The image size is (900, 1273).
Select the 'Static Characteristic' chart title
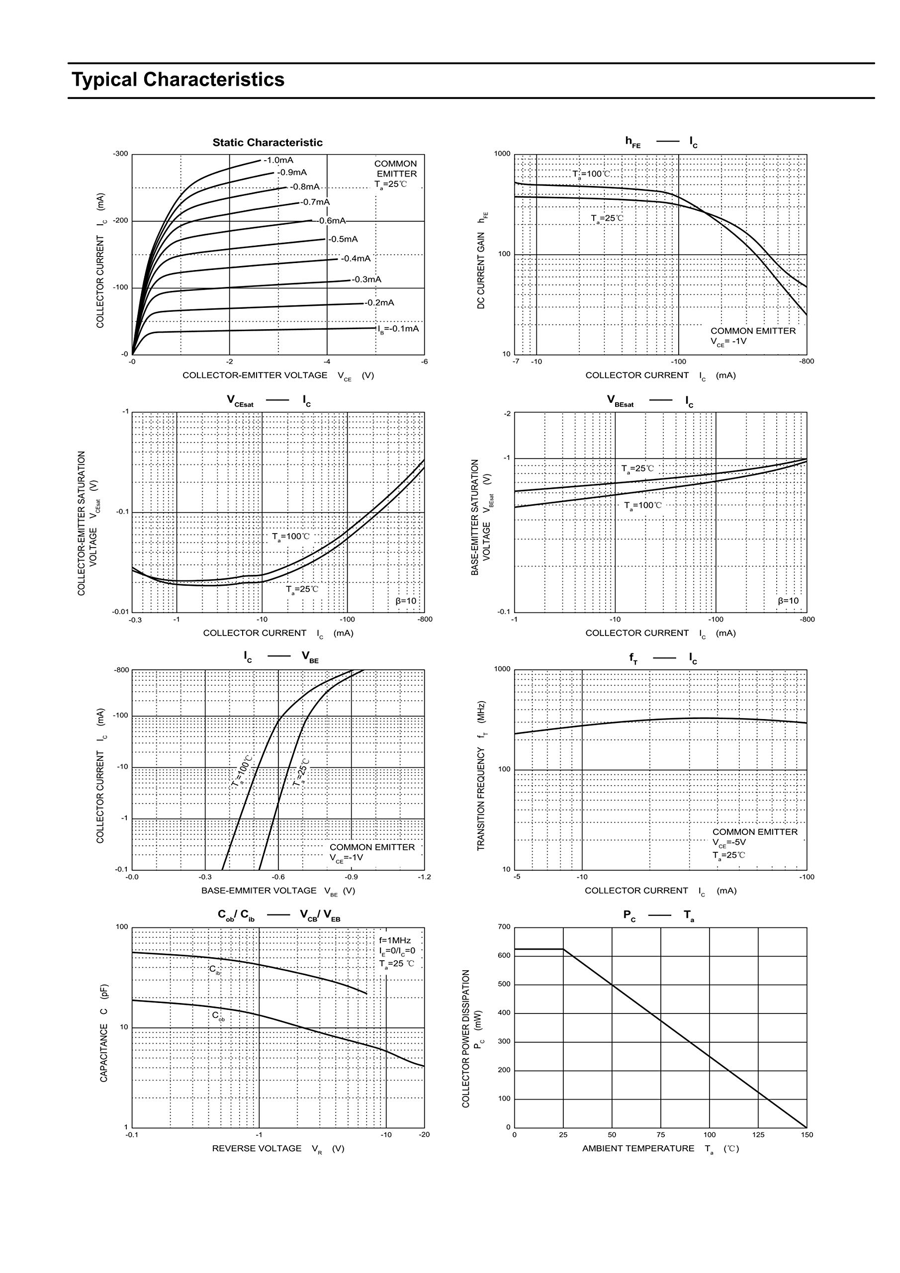click(x=268, y=143)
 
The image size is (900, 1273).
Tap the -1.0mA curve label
click(x=278, y=160)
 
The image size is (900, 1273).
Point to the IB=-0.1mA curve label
click(x=398, y=329)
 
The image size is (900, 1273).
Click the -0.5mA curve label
click(x=343, y=240)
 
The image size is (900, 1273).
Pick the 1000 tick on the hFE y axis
click(x=502, y=154)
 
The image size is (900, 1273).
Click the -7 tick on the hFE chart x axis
click(x=516, y=362)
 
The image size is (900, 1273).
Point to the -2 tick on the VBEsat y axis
click(x=506, y=414)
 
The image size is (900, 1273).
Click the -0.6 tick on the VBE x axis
click(x=278, y=877)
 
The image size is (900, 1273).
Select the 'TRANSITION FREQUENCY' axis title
click(x=481, y=776)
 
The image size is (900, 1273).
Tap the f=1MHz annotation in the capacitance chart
click(x=395, y=940)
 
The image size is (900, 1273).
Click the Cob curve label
click(x=218, y=1016)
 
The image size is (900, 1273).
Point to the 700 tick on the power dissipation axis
click(x=504, y=926)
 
